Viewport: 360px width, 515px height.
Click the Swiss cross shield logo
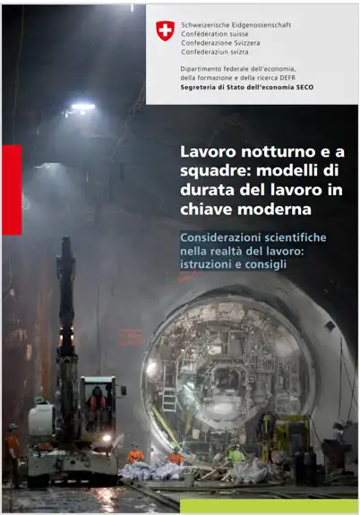click(x=165, y=30)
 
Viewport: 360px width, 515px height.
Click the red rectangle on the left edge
click(x=12, y=189)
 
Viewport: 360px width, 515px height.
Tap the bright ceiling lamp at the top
click(x=81, y=107)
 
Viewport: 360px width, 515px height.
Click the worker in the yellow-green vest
click(x=236, y=455)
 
